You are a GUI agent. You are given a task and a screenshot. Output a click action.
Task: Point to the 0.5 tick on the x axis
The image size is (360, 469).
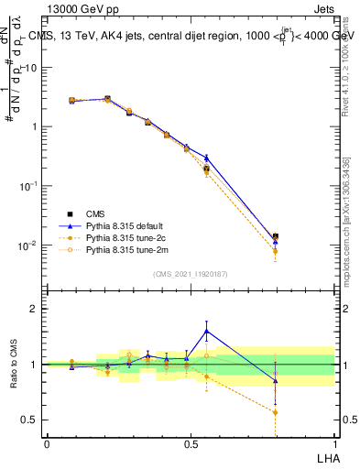tap(191, 443)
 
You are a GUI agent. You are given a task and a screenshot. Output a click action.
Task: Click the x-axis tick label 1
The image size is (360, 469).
tap(334, 443)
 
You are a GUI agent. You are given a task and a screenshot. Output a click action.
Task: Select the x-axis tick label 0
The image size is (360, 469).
tap(47, 443)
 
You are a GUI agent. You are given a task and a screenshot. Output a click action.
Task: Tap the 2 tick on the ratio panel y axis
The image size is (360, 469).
tap(35, 309)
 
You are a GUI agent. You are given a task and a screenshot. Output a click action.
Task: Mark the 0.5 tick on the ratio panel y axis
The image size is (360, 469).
tap(31, 420)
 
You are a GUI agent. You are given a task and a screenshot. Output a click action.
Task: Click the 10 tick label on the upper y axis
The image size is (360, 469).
tap(31, 68)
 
